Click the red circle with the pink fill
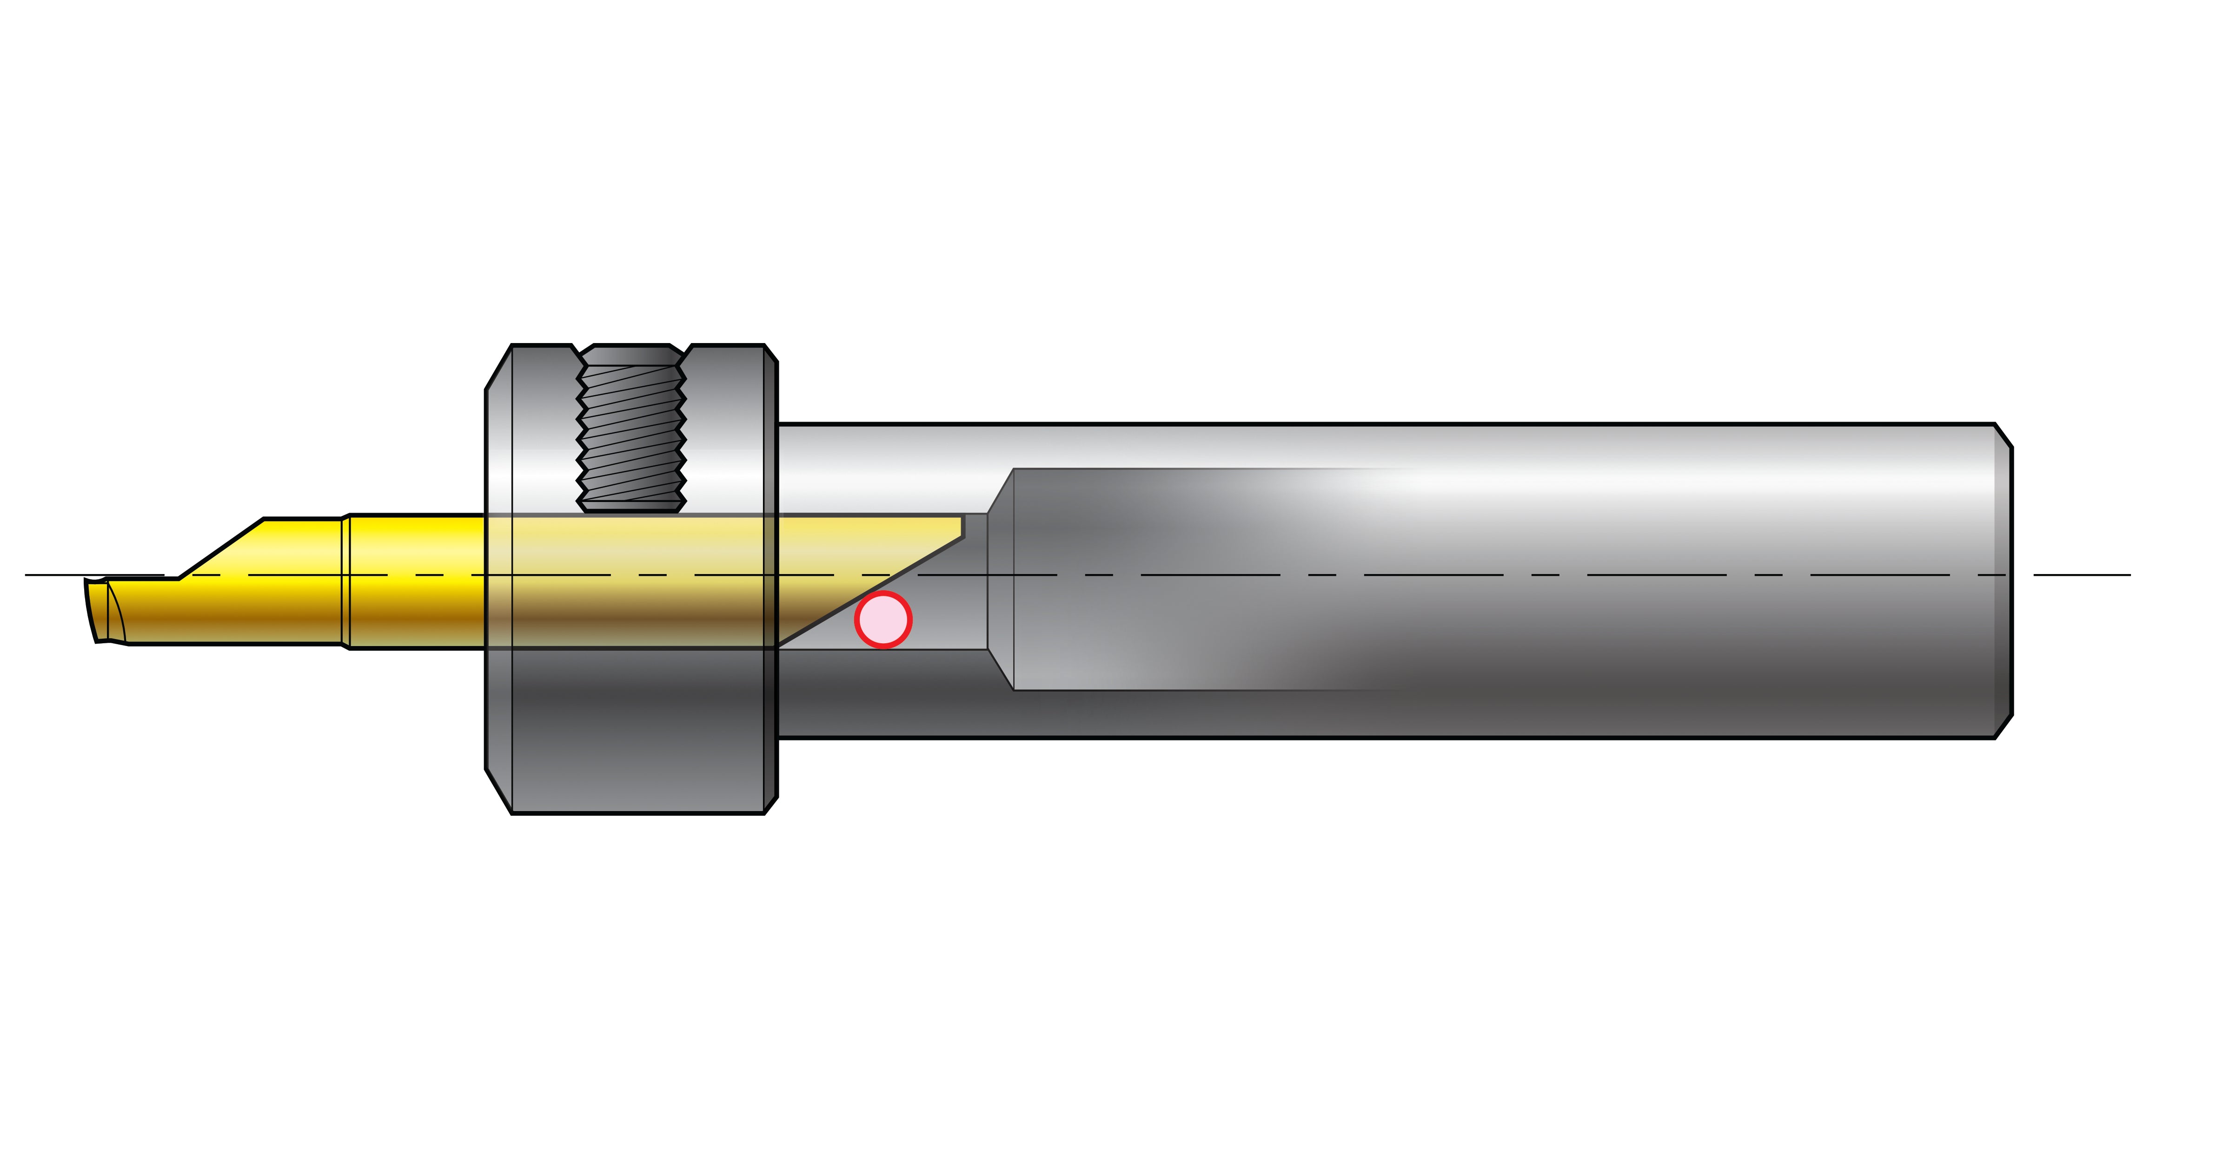[x=883, y=620]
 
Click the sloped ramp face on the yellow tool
[x=221, y=548]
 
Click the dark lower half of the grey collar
[x=638, y=729]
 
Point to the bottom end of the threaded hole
[x=632, y=506]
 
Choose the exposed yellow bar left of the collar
[x=417, y=580]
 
